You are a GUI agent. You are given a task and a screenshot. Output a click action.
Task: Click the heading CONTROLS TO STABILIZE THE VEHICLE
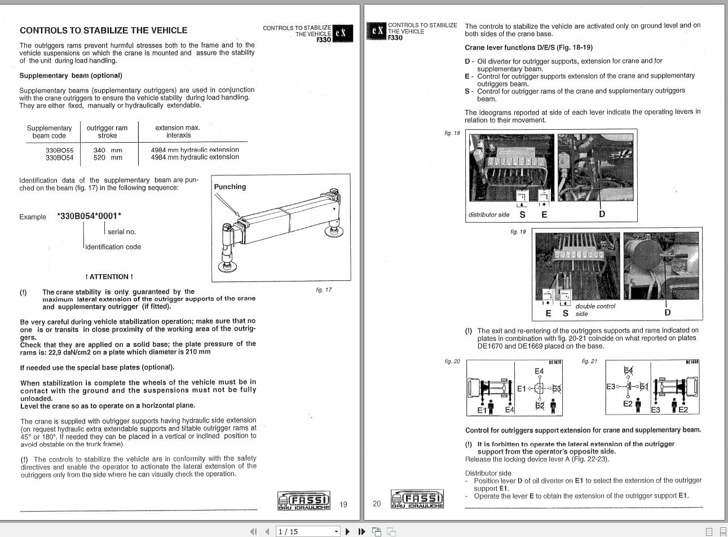[103, 30]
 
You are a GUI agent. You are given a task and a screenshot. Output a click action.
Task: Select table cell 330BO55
[59, 150]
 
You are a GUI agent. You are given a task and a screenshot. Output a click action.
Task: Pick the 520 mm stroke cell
[107, 157]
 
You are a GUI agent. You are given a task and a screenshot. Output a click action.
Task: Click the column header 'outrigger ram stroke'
[107, 131]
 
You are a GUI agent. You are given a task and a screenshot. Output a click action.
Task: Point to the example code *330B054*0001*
[89, 216]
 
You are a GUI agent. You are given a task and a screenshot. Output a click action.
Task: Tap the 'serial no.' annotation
[122, 232]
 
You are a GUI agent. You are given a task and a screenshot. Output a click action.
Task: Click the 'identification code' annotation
[113, 247]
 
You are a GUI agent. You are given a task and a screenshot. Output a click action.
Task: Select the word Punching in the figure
[230, 187]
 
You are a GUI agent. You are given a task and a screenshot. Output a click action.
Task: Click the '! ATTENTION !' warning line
[109, 277]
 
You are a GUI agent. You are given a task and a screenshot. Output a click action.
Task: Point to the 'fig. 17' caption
[324, 290]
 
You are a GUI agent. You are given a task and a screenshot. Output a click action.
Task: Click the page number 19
[343, 504]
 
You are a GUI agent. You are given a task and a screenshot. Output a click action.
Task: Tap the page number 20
[377, 504]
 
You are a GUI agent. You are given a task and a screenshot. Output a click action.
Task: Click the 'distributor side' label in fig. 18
[488, 215]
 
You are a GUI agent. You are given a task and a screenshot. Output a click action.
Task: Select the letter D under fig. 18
[602, 214]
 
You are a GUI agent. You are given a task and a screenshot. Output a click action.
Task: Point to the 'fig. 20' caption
[452, 362]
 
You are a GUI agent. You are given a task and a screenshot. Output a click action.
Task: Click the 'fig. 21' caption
[589, 362]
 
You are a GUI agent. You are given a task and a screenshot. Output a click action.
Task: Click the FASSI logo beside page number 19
[304, 500]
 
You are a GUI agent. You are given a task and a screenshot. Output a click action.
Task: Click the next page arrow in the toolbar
[347, 531]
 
